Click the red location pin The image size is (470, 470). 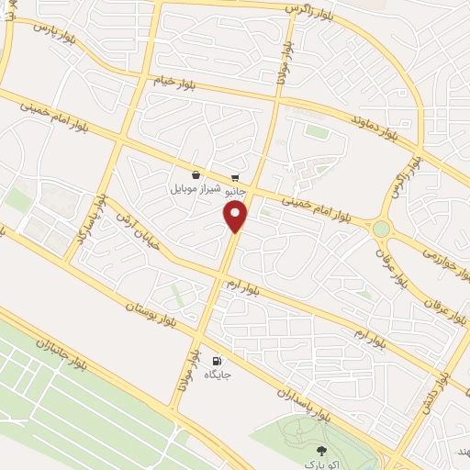click(236, 217)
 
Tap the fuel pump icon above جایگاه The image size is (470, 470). click(217, 361)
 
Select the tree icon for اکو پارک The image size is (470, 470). click(321, 450)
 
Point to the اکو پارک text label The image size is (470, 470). click(321, 464)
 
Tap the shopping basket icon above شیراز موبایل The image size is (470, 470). click(196, 175)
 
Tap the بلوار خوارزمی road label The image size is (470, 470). click(439, 248)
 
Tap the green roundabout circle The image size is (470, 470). click(381, 227)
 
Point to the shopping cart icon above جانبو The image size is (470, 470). click(235, 176)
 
